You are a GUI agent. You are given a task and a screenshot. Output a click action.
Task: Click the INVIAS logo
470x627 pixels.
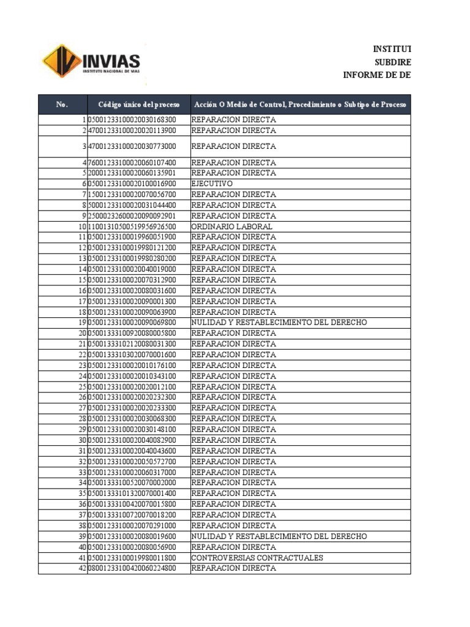[x=91, y=61]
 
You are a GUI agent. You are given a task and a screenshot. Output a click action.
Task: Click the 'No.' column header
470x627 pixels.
[x=62, y=105]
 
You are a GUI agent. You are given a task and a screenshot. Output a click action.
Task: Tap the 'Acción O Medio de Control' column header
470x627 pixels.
[x=300, y=105]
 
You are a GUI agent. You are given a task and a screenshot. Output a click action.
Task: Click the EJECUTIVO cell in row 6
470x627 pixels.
[x=212, y=184]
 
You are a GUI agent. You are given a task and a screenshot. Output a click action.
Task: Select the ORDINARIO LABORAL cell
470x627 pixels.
[x=232, y=227]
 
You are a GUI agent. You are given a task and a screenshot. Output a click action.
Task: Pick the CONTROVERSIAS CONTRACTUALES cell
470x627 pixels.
[x=257, y=558]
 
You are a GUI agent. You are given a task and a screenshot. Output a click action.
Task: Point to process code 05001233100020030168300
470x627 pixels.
[x=132, y=120]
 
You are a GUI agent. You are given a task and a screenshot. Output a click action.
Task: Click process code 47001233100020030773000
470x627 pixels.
[x=132, y=146]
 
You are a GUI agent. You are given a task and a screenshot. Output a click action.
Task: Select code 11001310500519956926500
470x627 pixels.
[x=132, y=227]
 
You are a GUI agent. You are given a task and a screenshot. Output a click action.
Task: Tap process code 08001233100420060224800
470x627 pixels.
[x=132, y=568]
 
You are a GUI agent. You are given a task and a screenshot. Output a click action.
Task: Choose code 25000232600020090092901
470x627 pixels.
[x=132, y=216]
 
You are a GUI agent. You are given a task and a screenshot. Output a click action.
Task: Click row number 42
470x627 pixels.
[x=83, y=568]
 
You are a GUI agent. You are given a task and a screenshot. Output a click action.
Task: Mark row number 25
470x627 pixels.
[x=83, y=387]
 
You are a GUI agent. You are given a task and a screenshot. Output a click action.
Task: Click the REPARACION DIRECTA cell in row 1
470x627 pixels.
[x=234, y=120]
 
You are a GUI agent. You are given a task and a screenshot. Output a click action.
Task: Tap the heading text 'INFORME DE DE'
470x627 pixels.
[x=377, y=75]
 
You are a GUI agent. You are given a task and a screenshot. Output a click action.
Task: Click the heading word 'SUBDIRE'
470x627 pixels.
[x=392, y=62]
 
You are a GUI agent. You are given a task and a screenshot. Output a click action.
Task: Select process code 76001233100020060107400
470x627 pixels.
[x=132, y=163]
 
